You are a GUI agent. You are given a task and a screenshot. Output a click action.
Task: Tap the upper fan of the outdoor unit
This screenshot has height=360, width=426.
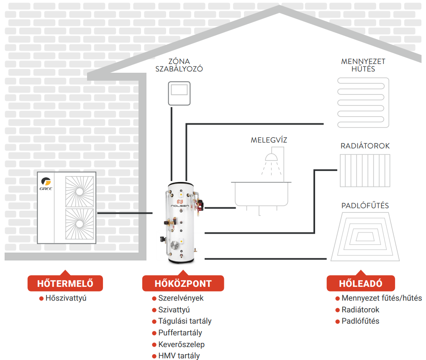pos(80,191)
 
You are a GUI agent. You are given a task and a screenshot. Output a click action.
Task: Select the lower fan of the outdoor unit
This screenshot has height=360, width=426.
pos(80,224)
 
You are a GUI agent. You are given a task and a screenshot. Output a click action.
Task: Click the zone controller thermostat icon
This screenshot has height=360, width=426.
pos(180,94)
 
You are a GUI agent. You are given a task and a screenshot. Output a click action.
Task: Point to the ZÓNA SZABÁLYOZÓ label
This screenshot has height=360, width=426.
pos(179,65)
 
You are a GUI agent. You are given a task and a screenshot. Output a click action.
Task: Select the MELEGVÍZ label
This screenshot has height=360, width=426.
pos(269,140)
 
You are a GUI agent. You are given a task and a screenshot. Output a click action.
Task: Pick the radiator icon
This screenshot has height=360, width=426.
pos(364,171)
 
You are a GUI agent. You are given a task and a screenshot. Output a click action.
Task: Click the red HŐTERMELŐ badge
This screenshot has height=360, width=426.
pos(65,283)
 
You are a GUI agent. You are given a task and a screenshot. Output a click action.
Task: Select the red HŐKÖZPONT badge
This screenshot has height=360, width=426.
pos(183,283)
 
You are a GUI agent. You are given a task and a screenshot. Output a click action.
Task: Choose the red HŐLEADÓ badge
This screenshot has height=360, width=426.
pos(360,283)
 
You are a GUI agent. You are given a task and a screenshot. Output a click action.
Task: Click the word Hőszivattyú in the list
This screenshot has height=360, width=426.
pos(66,299)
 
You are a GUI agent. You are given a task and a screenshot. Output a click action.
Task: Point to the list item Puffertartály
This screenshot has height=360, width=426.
pos(180,333)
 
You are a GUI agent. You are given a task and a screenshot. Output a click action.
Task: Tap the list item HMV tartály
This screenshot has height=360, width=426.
pos(179,356)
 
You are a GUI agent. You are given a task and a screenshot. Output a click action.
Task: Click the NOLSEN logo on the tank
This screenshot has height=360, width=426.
pos(181,204)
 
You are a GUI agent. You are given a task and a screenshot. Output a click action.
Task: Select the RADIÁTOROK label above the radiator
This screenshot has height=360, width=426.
pos(365,146)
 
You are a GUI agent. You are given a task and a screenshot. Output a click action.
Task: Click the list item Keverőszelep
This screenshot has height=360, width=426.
pos(181,345)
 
